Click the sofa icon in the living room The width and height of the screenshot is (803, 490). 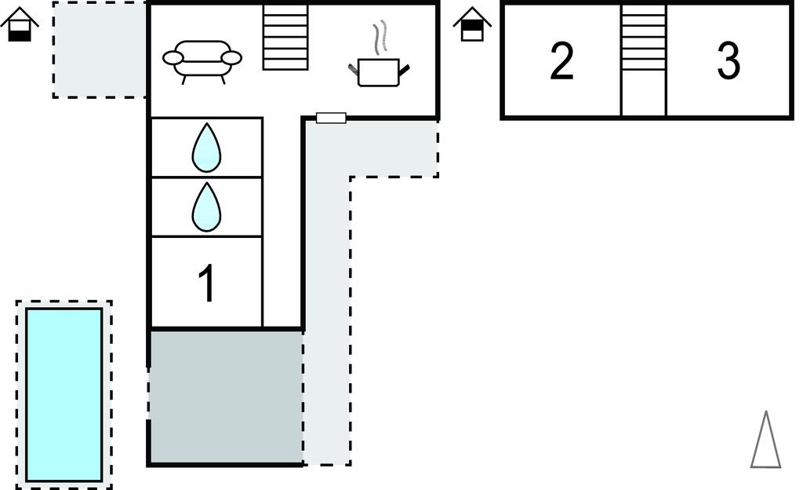[202, 60]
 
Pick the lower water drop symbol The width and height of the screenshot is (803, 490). [206, 207]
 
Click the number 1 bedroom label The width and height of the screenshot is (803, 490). [206, 283]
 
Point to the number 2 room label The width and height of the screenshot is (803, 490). [561, 61]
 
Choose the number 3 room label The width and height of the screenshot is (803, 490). [729, 61]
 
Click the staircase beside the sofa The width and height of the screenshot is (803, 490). [285, 37]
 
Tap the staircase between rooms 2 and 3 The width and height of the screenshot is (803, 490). [643, 38]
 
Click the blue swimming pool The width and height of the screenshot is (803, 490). [64, 394]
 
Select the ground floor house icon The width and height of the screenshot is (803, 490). [20, 25]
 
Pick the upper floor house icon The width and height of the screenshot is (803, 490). [472, 24]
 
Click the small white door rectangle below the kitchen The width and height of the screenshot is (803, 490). [331, 118]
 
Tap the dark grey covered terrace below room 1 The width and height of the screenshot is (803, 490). [226, 396]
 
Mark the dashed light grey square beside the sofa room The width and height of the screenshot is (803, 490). [100, 49]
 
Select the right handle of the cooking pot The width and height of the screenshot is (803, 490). [404, 71]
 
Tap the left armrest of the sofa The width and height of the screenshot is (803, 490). [173, 57]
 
